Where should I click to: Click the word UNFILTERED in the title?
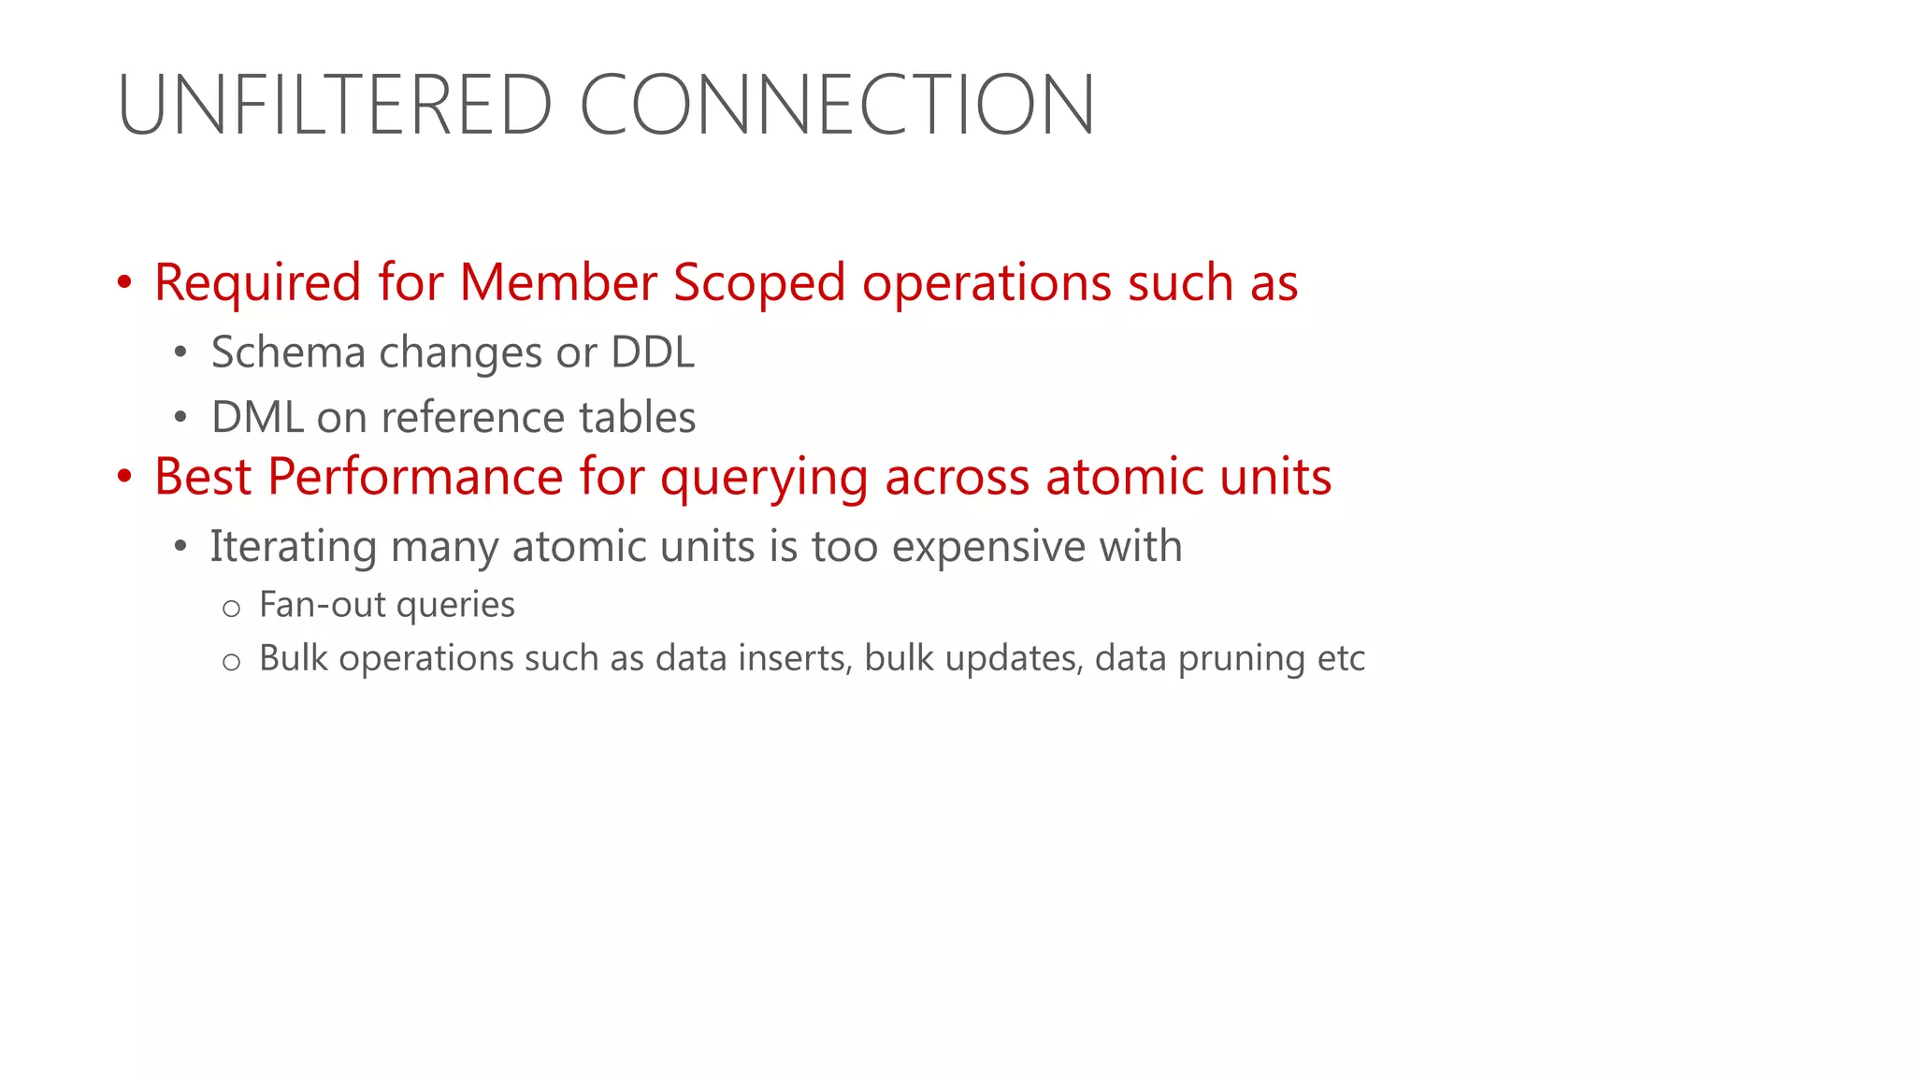click(336, 105)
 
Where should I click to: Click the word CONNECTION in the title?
click(837, 105)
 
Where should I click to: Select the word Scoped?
click(759, 282)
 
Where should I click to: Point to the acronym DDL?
click(653, 353)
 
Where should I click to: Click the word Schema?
click(288, 353)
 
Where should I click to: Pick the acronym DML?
click(257, 418)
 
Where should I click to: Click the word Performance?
click(415, 477)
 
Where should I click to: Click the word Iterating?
click(293, 547)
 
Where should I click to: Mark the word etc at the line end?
click(1342, 658)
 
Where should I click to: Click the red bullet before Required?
click(124, 282)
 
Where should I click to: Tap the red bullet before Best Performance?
click(124, 477)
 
